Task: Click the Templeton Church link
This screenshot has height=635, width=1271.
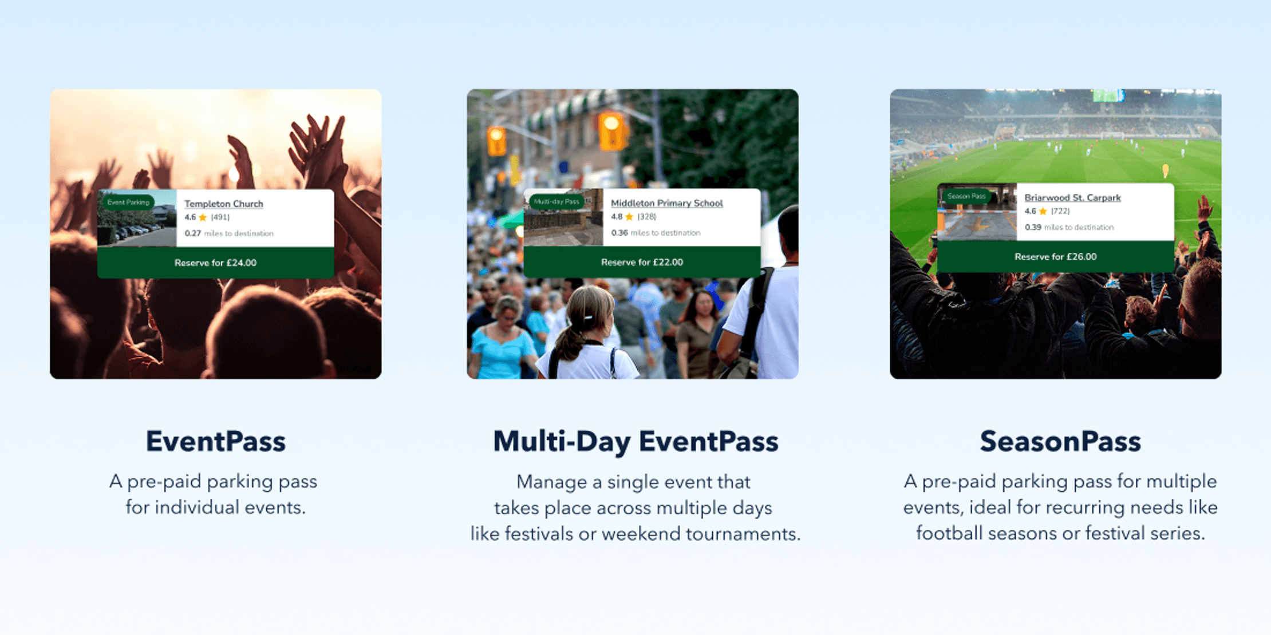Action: pos(224,204)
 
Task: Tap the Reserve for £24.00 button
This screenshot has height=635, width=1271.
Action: pos(215,263)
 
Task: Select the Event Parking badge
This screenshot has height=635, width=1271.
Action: pos(128,202)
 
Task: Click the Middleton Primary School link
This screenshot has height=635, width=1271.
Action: pos(667,203)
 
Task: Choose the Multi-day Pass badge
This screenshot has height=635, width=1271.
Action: pos(556,201)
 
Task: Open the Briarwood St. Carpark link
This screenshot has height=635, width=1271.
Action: pos(1072,197)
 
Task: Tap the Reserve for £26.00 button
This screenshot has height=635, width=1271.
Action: pos(1055,257)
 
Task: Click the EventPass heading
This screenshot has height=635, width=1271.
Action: pos(216,442)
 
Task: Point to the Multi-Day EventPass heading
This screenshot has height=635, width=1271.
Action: pos(635,442)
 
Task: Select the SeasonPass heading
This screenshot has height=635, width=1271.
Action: pos(1060,442)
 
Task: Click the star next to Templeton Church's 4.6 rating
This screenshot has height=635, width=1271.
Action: pos(203,217)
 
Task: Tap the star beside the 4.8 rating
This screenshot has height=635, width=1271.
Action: pos(629,217)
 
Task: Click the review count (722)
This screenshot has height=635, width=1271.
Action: pos(1060,211)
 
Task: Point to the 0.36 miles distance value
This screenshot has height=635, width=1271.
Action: pos(619,233)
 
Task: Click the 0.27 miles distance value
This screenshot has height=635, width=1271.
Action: pos(193,233)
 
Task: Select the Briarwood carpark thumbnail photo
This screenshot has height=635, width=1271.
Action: pos(977,212)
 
